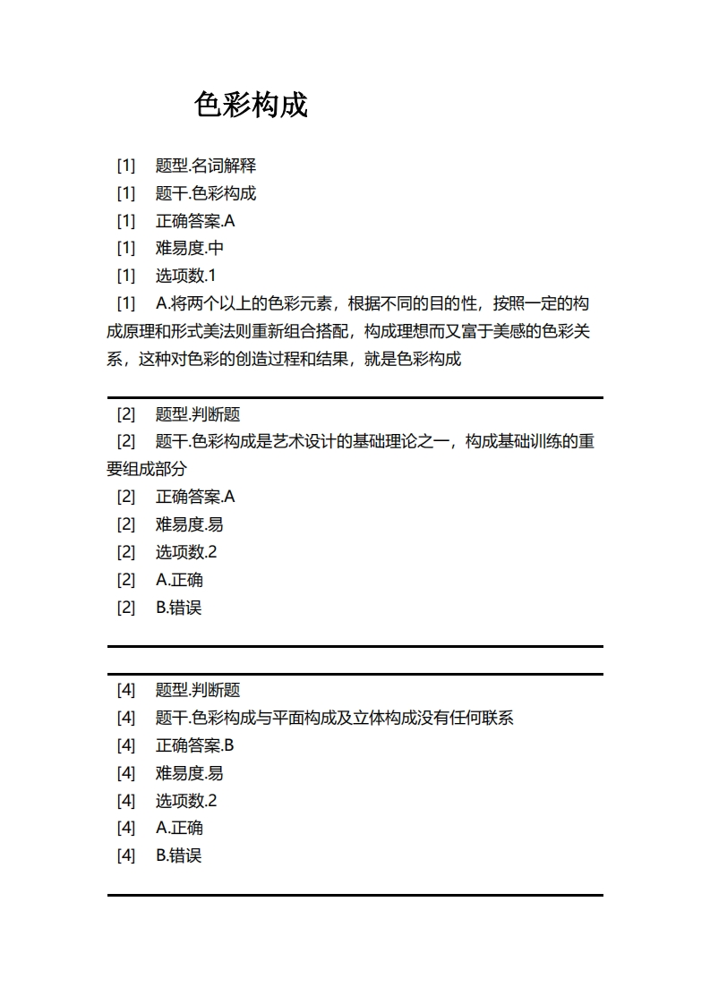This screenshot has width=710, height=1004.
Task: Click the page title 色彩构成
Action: (251, 106)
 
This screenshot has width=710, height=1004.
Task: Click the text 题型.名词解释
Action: (206, 166)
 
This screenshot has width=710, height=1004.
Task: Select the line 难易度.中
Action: (190, 248)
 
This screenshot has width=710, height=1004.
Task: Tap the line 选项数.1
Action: (186, 276)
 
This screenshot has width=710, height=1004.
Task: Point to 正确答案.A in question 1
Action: (195, 221)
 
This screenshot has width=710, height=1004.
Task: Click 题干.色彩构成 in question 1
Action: (206, 193)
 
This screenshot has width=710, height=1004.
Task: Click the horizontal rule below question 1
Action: (355, 397)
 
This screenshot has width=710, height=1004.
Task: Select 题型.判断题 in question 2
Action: (198, 414)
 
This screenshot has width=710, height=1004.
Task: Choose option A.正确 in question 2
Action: (179, 580)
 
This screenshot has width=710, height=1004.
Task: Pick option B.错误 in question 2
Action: (179, 608)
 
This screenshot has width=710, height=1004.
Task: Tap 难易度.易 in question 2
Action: (190, 524)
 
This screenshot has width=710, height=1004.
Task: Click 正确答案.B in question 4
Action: (194, 745)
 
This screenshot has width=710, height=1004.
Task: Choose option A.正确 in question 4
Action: (179, 828)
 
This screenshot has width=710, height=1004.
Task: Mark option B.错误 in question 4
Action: (179, 855)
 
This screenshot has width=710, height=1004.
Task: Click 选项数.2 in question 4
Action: (186, 800)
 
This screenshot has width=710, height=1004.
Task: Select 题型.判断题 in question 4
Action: (198, 690)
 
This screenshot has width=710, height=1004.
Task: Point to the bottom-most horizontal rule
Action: (355, 894)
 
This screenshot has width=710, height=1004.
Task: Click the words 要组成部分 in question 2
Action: (147, 469)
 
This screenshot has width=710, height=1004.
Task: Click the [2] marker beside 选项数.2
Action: (126, 552)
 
